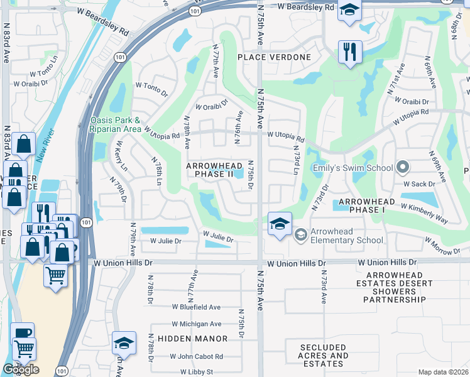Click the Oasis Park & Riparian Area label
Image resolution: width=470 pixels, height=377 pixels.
pyautogui.click(x=116, y=124)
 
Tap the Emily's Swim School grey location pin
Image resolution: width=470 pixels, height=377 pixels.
pyautogui.click(x=403, y=168)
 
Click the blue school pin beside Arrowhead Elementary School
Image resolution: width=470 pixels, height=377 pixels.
pyautogui.click(x=280, y=224)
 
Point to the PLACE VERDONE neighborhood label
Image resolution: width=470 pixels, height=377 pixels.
pyautogui.click(x=274, y=57)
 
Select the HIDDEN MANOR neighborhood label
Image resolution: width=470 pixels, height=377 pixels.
pyautogui.click(x=192, y=339)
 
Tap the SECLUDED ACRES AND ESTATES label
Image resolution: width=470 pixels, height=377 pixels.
pyautogui.click(x=324, y=356)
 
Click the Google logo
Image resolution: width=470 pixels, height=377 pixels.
pyautogui.click(x=21, y=369)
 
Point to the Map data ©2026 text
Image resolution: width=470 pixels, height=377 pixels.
pyautogui.click(x=443, y=372)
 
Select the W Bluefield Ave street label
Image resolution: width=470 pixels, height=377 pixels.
pyautogui.click(x=196, y=307)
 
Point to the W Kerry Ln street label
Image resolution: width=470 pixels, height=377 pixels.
pyautogui.click(x=120, y=155)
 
